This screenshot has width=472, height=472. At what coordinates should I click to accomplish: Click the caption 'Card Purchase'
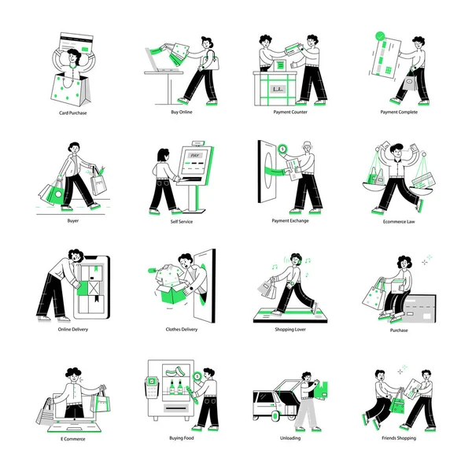click(73, 112)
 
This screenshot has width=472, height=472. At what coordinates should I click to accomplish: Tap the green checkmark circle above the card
click(380, 36)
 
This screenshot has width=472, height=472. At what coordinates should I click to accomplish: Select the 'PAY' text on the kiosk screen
click(195, 155)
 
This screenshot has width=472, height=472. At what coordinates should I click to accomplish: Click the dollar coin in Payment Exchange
click(282, 149)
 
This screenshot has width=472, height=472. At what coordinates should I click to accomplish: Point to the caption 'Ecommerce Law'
click(399, 222)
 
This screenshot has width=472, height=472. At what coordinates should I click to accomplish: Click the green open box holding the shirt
click(172, 293)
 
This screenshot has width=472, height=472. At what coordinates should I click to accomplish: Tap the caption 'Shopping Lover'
click(290, 330)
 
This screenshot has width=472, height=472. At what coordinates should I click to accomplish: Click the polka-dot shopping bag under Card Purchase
click(71, 90)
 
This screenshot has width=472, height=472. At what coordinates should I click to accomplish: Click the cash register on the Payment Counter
click(280, 65)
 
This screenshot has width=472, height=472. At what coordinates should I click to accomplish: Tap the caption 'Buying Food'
click(182, 438)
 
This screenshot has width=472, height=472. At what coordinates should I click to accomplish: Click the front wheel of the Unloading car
click(275, 416)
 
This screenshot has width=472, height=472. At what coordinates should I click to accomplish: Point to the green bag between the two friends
click(397, 404)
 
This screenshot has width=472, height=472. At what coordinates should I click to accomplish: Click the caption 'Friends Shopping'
click(399, 438)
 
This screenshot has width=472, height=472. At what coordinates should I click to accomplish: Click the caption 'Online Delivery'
click(73, 330)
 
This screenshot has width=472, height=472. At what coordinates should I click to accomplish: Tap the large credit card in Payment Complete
click(386, 58)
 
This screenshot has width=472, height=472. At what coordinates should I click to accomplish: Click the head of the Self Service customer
click(163, 155)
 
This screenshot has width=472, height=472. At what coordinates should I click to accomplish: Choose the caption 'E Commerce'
click(73, 439)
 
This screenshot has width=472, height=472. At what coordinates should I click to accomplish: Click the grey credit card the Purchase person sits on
click(419, 309)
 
